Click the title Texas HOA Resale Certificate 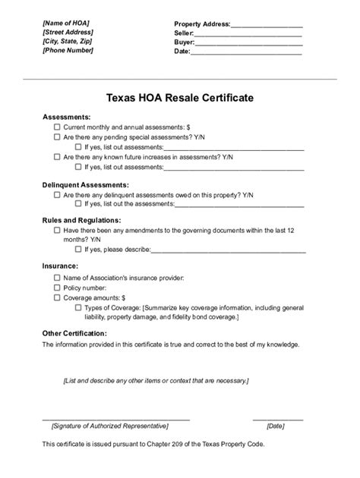coord(179,99)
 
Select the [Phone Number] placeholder coord(68,51)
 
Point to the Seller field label coord(184,33)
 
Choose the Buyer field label coord(184,42)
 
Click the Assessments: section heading coord(67,117)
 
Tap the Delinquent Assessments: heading coord(86,185)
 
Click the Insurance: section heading coord(61,266)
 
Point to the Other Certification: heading coord(74,333)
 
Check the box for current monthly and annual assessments coord(57,127)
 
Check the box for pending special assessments coord(57,137)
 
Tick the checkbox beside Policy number coord(57,288)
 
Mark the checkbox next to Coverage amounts coord(57,298)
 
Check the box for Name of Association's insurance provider coord(57,278)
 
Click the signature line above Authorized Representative coord(115,418)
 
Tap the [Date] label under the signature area coord(276,426)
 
